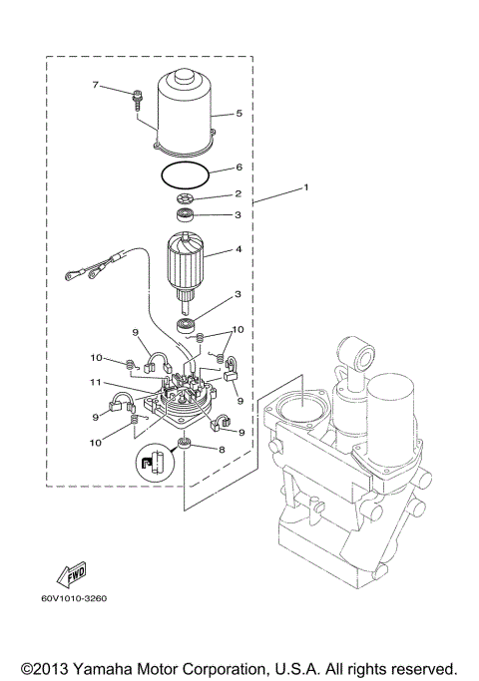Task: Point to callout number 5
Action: (x=239, y=114)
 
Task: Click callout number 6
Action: (x=239, y=169)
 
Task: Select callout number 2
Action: (x=239, y=194)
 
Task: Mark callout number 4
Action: (x=239, y=250)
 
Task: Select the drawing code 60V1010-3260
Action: (x=73, y=599)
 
